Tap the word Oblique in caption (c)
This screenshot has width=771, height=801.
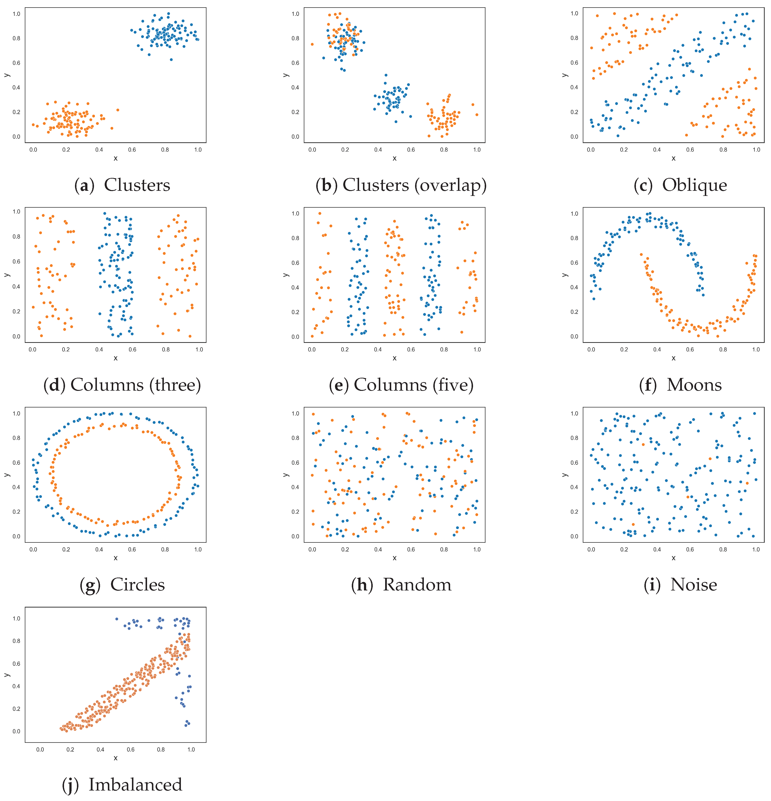click(694, 185)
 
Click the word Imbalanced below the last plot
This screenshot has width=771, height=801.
click(135, 785)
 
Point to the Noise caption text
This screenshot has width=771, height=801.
click(693, 585)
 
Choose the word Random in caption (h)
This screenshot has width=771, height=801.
click(417, 585)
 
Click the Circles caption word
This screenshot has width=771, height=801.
click(137, 585)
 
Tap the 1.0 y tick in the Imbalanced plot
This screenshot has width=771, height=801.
click(16, 618)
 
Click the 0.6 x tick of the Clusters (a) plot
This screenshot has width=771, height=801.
click(132, 150)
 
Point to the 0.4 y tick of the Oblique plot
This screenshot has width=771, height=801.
click(574, 87)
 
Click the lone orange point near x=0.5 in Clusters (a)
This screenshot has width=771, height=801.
click(118, 110)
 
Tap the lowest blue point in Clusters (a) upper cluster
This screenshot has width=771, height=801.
click(171, 60)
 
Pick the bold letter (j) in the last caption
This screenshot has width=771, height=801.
click(69, 785)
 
